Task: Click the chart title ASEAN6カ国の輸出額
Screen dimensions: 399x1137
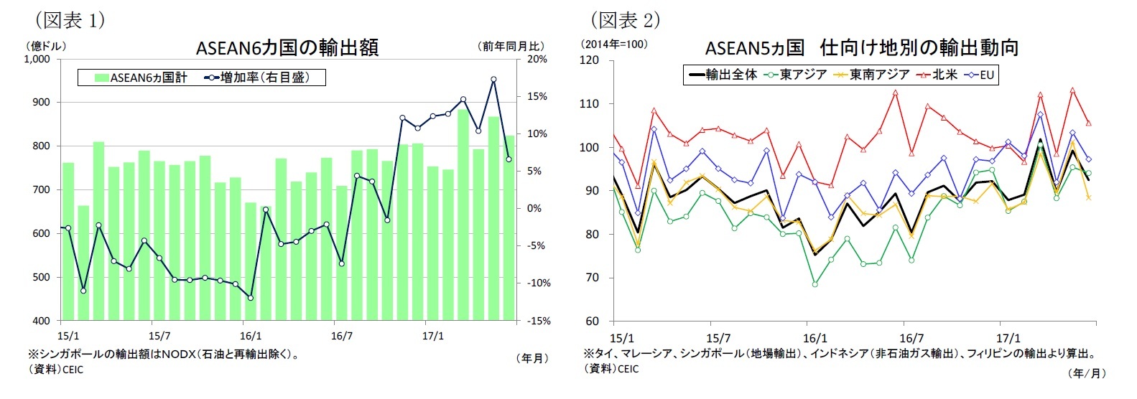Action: click(287, 48)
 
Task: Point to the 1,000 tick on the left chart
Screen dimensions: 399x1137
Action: click(37, 59)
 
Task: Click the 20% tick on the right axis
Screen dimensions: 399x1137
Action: click(537, 59)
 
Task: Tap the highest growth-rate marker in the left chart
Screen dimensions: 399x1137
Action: click(493, 80)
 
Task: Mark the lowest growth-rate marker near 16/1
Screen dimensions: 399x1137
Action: click(250, 297)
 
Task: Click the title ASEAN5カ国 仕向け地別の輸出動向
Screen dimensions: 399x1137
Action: click(862, 48)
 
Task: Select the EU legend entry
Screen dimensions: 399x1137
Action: click(980, 75)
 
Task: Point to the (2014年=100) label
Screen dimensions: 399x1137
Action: click(613, 44)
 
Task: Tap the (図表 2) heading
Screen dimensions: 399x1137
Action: click(624, 19)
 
